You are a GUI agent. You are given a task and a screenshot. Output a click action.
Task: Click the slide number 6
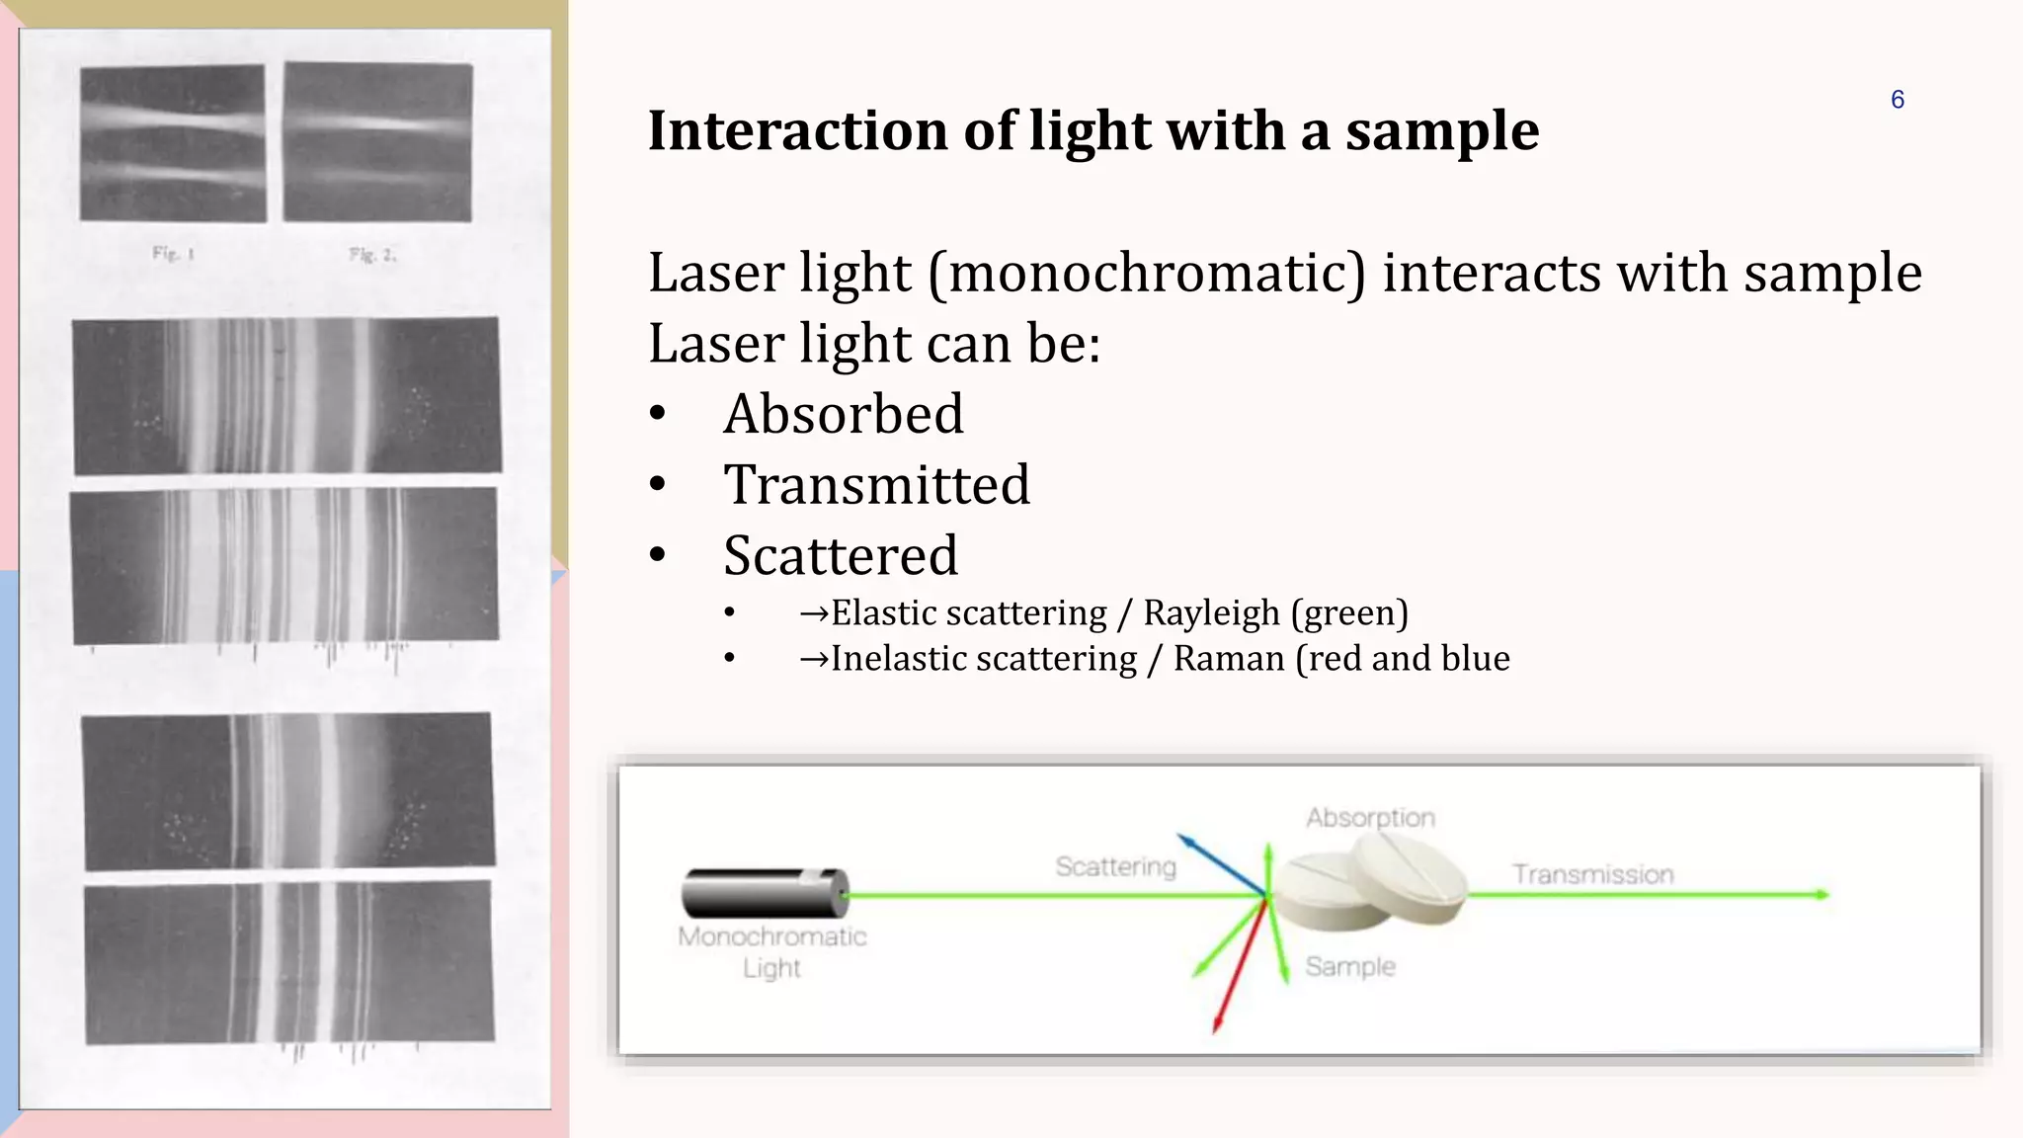(1897, 100)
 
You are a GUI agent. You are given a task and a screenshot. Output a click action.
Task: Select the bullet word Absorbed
(843, 414)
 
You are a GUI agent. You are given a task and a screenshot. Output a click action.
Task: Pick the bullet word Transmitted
(876, 485)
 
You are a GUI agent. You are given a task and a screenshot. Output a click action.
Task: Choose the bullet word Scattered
(840, 556)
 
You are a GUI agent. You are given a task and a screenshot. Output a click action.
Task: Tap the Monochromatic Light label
(771, 951)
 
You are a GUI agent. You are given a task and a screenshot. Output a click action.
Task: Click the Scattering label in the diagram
(1115, 866)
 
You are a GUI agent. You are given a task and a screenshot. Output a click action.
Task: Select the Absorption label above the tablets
(1370, 818)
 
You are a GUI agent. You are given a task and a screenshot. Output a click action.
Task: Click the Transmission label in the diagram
(1592, 874)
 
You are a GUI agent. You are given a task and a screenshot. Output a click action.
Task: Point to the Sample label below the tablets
(1349, 966)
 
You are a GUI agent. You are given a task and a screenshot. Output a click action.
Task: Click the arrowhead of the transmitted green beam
(1821, 895)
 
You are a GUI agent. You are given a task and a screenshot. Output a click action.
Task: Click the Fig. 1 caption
(174, 254)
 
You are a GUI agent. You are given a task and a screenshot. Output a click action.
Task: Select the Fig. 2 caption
(371, 255)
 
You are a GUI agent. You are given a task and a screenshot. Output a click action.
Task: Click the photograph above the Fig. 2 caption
(377, 141)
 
